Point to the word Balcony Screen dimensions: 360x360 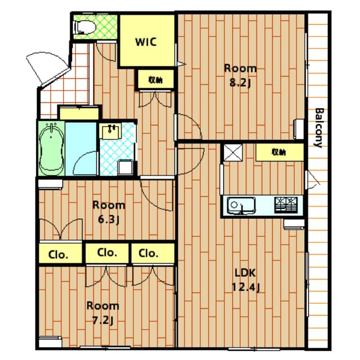pyautogui.click(x=318, y=127)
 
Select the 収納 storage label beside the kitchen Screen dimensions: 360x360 pyautogui.click(x=279, y=152)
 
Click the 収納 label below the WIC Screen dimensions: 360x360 pyautogui.click(x=156, y=79)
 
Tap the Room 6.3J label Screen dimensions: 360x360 pyautogui.click(x=109, y=211)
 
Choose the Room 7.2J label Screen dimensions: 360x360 pyautogui.click(x=102, y=312)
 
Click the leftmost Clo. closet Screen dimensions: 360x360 pyautogui.click(x=58, y=254)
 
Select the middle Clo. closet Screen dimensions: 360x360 pyautogui.click(x=107, y=253)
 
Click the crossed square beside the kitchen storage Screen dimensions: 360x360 pyautogui.click(x=232, y=152)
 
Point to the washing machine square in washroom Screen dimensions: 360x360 pyautogui.click(x=124, y=167)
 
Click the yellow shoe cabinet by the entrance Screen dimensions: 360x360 pyautogui.click(x=79, y=112)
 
